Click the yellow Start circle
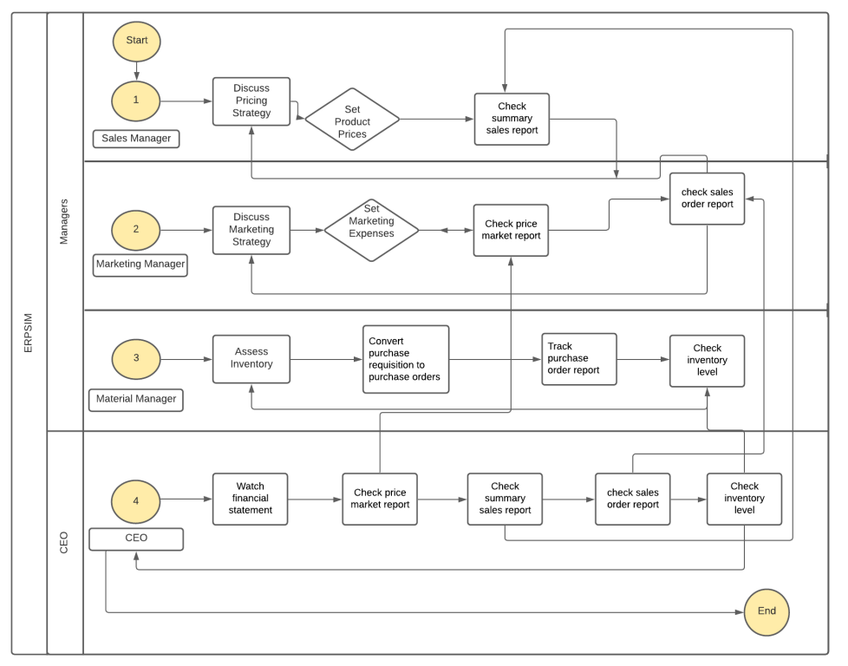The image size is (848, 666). pyautogui.click(x=136, y=40)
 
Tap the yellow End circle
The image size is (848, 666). pyautogui.click(x=766, y=610)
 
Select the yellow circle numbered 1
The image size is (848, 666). pyautogui.click(x=136, y=101)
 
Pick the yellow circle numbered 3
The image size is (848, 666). pyautogui.click(x=136, y=358)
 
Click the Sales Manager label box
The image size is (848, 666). pyautogui.click(x=136, y=138)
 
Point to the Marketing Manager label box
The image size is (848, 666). pyautogui.click(x=140, y=264)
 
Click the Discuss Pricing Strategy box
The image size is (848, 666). pyautogui.click(x=251, y=101)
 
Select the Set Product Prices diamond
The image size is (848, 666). pyautogui.click(x=352, y=120)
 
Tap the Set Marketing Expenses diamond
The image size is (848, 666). pyautogui.click(x=371, y=231)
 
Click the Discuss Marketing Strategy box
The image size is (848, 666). pyautogui.click(x=251, y=230)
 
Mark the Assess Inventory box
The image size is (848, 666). pyautogui.click(x=251, y=358)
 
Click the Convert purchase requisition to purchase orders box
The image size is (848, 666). pyautogui.click(x=406, y=359)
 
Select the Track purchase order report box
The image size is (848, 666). pyautogui.click(x=579, y=358)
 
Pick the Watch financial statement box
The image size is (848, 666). pyautogui.click(x=251, y=499)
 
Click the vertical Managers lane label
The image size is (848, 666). pyautogui.click(x=64, y=221)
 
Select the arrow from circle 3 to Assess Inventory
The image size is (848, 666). pyautogui.click(x=186, y=358)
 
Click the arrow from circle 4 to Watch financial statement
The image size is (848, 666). pyautogui.click(x=186, y=499)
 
